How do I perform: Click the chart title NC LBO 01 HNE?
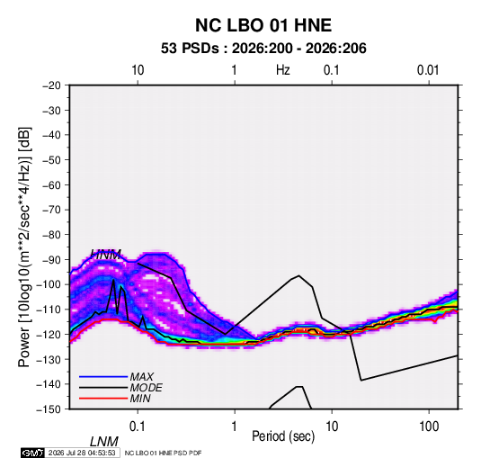263,25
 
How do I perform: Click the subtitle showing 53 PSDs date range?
263,49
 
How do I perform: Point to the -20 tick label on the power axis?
51,85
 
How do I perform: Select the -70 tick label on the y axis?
51,210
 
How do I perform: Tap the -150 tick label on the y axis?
49,409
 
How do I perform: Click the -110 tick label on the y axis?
49,310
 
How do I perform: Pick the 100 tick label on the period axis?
429,427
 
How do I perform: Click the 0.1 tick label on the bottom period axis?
137,427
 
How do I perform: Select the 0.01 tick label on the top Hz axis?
428,70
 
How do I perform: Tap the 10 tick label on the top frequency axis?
138,70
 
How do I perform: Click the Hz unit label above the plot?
283,70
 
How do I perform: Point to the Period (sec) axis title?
283,436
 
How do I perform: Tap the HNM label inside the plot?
106,255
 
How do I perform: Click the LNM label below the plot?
104,442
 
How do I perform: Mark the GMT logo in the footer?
33,453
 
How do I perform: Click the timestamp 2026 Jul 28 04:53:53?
82,453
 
